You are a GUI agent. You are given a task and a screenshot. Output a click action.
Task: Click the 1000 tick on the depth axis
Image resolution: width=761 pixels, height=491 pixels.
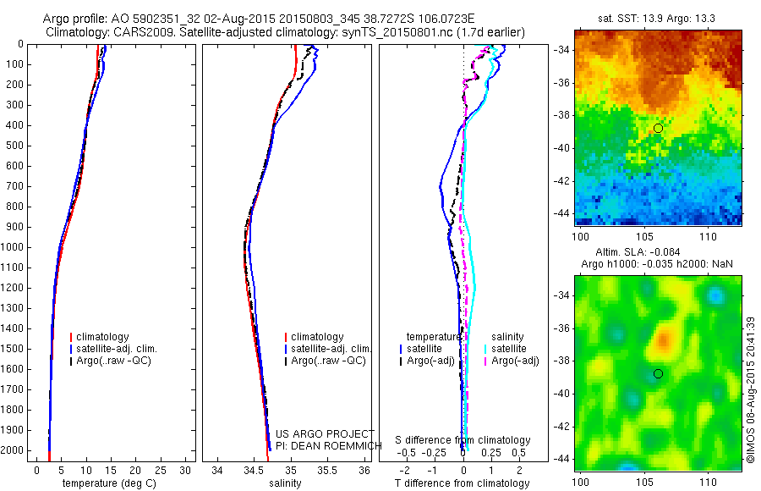(14, 247)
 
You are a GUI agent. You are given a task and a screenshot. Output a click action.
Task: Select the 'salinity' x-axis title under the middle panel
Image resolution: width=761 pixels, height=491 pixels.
(284, 483)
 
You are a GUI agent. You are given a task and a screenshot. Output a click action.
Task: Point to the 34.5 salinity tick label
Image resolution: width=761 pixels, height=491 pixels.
(254, 470)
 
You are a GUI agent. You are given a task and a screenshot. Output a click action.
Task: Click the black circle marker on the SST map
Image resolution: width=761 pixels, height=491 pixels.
(658, 128)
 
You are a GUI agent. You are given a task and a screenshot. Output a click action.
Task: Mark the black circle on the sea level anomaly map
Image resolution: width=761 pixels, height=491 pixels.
(658, 373)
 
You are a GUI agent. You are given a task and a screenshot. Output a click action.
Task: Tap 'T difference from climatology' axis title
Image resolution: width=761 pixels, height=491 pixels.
(462, 483)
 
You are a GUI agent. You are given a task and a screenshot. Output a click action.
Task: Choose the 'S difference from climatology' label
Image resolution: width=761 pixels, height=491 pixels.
(463, 440)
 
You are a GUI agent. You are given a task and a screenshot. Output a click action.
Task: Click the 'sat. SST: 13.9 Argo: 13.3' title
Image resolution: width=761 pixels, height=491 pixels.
(657, 18)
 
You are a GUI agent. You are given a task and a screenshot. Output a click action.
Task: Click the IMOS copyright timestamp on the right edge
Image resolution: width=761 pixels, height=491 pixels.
(750, 389)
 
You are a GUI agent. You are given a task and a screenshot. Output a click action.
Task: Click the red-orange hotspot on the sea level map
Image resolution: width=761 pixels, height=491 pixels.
(662, 340)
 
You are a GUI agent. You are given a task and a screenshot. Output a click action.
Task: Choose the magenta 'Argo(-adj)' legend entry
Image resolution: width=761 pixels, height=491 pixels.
(515, 361)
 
